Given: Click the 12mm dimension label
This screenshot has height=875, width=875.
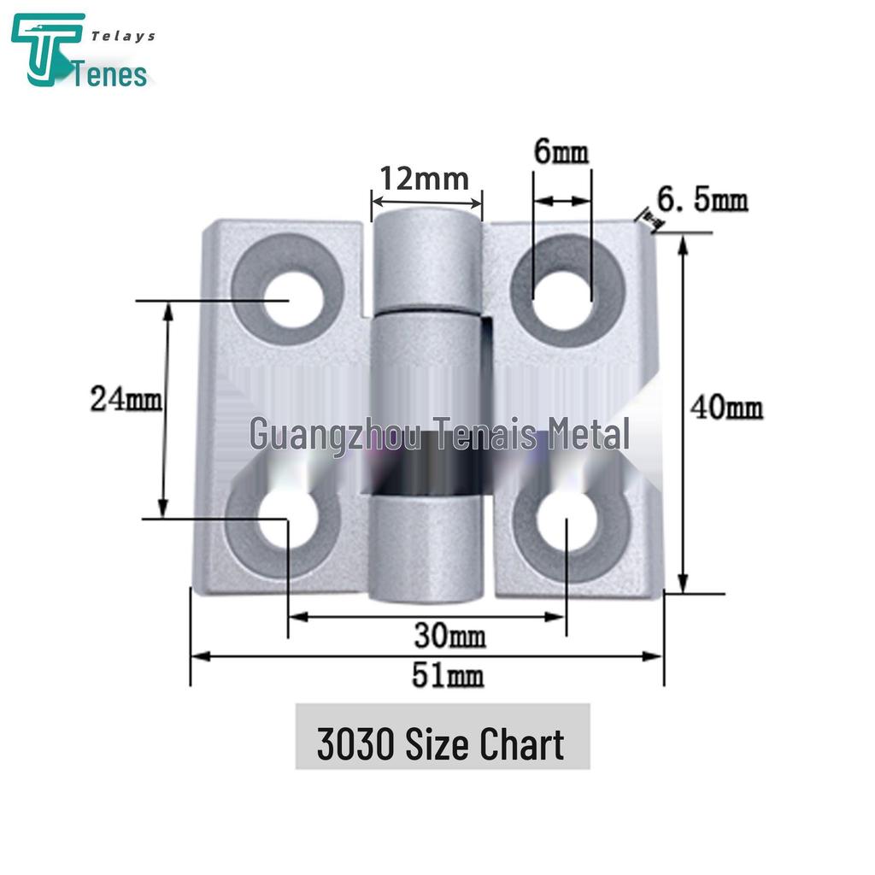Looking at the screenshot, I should pos(425,179).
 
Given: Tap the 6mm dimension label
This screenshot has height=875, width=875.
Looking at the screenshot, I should pos(561,154).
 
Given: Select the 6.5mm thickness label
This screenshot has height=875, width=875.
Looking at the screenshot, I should pos(702,202).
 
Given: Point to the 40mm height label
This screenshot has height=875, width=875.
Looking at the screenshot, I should pos(726,408).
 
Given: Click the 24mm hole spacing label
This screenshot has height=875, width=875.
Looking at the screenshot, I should pos(126,399).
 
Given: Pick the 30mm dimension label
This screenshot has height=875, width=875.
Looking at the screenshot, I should pos(449,636).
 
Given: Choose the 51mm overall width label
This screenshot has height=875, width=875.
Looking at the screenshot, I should pos(448,676).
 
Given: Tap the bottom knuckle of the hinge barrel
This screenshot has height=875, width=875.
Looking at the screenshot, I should pos(426,547).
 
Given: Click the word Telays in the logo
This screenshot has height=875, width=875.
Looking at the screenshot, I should pos(123,36).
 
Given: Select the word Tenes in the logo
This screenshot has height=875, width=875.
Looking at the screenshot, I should pos(112,74).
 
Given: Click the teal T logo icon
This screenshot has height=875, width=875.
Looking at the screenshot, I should pos(47,50).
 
